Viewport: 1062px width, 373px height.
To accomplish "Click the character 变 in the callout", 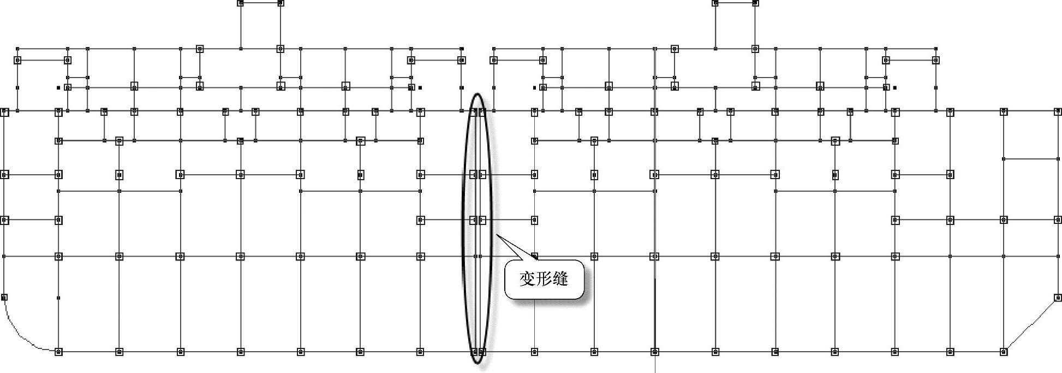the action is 527,279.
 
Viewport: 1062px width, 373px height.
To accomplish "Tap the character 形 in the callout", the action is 544,279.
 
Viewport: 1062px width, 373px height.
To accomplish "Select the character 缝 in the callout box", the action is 560,279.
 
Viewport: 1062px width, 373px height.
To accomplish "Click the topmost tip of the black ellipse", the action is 478,94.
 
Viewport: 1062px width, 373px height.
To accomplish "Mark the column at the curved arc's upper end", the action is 4,298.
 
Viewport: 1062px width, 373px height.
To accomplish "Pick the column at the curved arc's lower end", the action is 58,352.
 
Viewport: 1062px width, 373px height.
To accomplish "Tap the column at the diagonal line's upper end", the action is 1058,298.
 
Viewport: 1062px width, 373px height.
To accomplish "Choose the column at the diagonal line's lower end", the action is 1004,352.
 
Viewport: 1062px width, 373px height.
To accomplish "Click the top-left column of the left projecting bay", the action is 240,3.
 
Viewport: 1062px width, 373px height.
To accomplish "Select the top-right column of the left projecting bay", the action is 281,3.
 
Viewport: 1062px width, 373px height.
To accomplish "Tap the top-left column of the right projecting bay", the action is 715,3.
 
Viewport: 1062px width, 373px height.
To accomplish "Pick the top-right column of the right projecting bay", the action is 755,3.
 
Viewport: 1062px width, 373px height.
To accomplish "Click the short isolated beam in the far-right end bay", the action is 1030,159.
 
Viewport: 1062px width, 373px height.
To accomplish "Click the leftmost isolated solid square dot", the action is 58,87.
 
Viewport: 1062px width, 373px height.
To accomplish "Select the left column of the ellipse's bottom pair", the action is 474,352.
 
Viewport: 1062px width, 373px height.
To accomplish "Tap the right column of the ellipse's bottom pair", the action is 482,352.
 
